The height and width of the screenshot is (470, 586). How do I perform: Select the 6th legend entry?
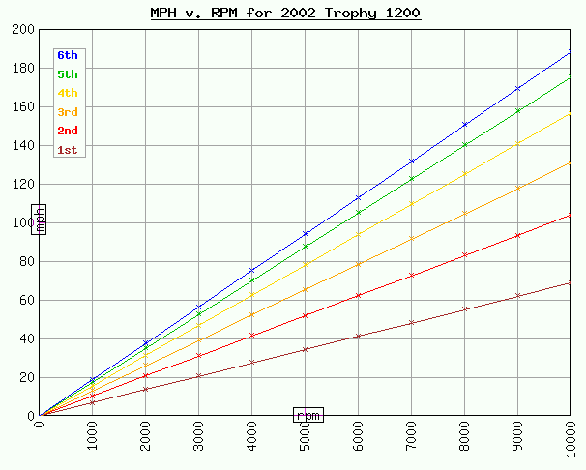[x=68, y=55]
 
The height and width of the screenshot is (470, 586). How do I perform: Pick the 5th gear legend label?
[x=68, y=73]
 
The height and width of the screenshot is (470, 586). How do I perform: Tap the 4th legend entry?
[x=68, y=93]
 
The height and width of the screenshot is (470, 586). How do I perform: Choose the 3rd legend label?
[x=68, y=112]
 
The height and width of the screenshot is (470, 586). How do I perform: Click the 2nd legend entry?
[x=68, y=131]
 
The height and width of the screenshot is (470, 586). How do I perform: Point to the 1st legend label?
[x=68, y=150]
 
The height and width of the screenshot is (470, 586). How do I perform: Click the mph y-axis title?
[x=39, y=220]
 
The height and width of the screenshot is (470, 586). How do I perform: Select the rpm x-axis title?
[x=308, y=415]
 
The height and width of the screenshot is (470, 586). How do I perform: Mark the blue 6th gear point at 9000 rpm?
[x=517, y=88]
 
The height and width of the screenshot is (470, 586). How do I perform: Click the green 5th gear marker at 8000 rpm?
[x=464, y=145]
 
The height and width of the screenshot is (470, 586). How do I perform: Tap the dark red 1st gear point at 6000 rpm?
[x=358, y=336]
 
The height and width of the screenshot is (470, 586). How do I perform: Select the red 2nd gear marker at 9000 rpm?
[x=517, y=235]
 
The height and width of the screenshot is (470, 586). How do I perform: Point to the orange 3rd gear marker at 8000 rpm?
[x=464, y=214]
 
